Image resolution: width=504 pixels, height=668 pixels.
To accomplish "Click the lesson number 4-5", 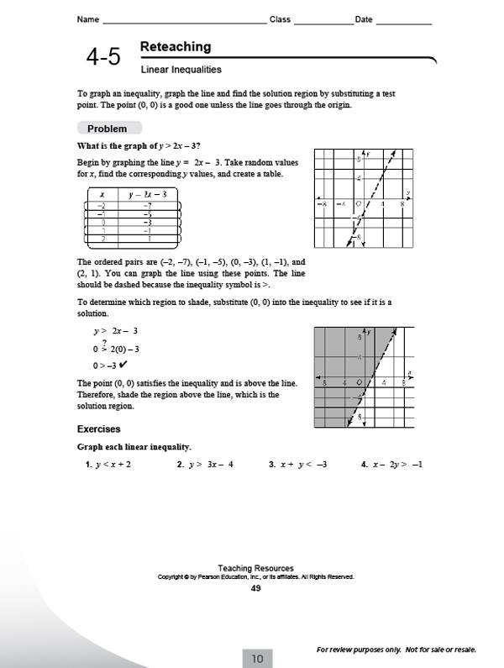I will click(x=103, y=57).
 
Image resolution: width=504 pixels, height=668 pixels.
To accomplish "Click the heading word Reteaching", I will click(x=176, y=47).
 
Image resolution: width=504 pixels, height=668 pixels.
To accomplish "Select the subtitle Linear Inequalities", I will click(x=181, y=70).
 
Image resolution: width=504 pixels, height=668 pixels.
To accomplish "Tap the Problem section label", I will click(x=108, y=129).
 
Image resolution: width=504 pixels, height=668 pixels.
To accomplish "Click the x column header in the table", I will click(x=102, y=195).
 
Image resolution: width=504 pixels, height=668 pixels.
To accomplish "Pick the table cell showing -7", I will click(x=147, y=205).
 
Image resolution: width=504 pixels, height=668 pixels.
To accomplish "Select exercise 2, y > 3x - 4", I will click(x=205, y=464).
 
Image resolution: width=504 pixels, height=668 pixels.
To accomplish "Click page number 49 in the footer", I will click(x=255, y=588).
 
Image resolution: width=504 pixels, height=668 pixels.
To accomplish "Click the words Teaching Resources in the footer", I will click(x=255, y=568).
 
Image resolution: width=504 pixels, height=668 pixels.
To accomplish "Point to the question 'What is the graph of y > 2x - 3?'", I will click(x=139, y=145).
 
